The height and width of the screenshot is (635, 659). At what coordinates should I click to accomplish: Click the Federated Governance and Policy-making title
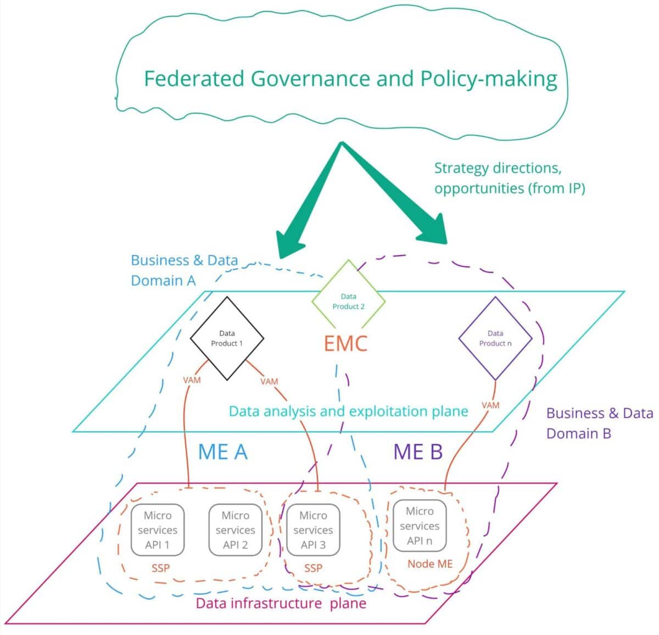click(x=350, y=79)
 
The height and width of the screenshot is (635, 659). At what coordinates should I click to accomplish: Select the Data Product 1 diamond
click(x=227, y=338)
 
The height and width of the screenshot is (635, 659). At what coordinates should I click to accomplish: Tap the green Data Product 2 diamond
click(x=348, y=302)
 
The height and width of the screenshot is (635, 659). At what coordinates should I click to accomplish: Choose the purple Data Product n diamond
click(x=495, y=338)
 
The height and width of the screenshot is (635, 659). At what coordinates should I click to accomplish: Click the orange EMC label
click(x=345, y=344)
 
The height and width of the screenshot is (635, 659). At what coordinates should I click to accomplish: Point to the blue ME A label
click(x=222, y=452)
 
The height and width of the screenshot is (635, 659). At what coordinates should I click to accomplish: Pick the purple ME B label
click(x=418, y=452)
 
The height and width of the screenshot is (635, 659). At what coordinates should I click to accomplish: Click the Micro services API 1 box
click(x=158, y=530)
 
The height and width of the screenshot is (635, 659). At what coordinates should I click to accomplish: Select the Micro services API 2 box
click(x=235, y=530)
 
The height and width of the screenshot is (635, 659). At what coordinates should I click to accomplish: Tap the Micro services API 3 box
click(x=313, y=530)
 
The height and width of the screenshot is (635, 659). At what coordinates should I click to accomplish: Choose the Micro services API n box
click(x=420, y=526)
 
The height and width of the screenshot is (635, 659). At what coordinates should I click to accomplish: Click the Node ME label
click(x=430, y=564)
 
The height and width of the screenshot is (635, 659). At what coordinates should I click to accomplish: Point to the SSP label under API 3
click(x=313, y=568)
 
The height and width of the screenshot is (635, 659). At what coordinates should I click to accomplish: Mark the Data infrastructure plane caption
click(x=281, y=604)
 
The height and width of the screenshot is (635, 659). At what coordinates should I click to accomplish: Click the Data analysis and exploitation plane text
click(x=348, y=411)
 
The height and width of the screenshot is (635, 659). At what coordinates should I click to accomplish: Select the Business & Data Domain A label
click(x=184, y=270)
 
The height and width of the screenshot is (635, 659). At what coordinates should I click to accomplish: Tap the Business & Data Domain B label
click(x=599, y=423)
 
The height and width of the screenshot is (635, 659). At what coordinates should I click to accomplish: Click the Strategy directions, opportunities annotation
click(x=509, y=178)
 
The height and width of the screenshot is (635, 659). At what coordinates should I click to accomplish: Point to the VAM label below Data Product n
click(x=490, y=405)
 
